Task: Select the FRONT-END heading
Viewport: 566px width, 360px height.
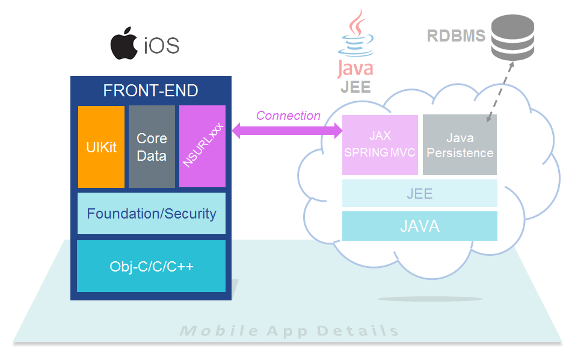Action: tap(151, 91)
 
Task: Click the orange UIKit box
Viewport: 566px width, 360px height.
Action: tap(101, 147)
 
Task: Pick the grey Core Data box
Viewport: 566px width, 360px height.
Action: tap(152, 147)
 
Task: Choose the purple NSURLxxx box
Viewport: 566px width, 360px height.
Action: tap(202, 147)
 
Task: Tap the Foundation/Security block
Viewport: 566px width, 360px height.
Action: tap(152, 213)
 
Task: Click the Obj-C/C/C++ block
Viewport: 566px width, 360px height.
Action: tap(152, 266)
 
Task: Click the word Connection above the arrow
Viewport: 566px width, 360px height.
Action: tap(288, 116)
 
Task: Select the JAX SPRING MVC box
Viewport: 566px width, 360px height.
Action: tap(380, 145)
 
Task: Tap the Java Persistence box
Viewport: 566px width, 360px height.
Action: tap(460, 145)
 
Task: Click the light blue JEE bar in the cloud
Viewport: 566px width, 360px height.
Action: tap(419, 193)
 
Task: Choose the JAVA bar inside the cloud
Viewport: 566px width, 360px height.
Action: tap(419, 226)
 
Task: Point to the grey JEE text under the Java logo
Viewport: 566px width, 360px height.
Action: tap(355, 87)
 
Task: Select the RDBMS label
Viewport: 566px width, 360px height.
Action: tap(456, 36)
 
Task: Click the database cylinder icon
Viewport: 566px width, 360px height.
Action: tap(512, 38)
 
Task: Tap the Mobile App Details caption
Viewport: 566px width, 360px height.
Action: tap(289, 331)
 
